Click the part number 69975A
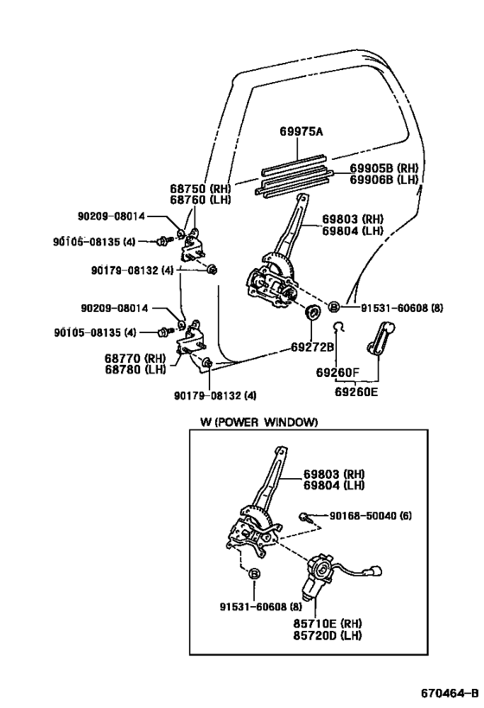point(301,131)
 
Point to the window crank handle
point(378,337)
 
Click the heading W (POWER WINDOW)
point(259,422)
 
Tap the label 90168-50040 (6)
point(370,516)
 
